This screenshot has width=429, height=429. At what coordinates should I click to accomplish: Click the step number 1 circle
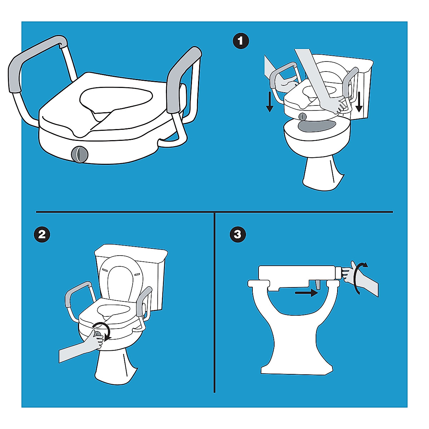(241, 41)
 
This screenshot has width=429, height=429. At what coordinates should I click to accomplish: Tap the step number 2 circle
(42, 235)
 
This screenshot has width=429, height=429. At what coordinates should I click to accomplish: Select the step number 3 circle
(238, 235)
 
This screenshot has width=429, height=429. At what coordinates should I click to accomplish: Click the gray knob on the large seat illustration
(79, 154)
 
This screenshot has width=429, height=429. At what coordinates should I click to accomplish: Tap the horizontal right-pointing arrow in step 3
(306, 293)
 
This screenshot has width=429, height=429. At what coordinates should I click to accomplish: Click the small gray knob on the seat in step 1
(303, 117)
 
